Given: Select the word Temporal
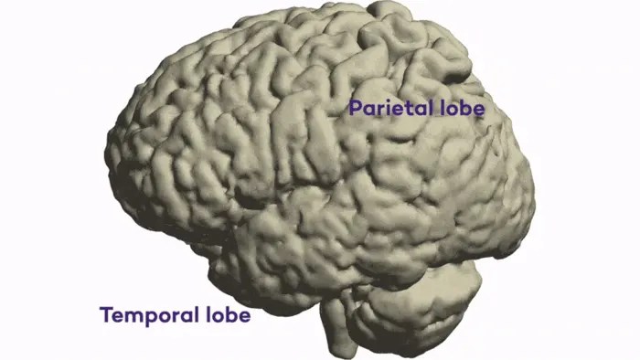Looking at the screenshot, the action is pos(146,316).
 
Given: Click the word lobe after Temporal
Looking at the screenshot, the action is pos(225,315).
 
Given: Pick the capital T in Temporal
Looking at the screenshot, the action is pos(105,316).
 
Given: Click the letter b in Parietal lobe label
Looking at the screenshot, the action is pos(465,107).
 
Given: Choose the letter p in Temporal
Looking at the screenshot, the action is pos(149,319).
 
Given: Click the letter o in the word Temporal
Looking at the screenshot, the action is pos(163,317).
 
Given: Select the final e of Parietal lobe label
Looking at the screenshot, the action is pos(477,109).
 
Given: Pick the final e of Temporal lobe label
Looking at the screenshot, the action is pos(244,317).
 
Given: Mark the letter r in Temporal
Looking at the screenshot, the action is pos(174,317).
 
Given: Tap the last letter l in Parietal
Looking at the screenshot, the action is pos(426,107).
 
